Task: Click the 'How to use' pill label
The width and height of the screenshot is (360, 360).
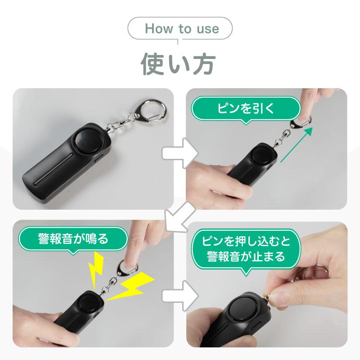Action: tap(180, 30)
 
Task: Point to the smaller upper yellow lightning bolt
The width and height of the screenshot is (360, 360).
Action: tap(96, 269)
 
